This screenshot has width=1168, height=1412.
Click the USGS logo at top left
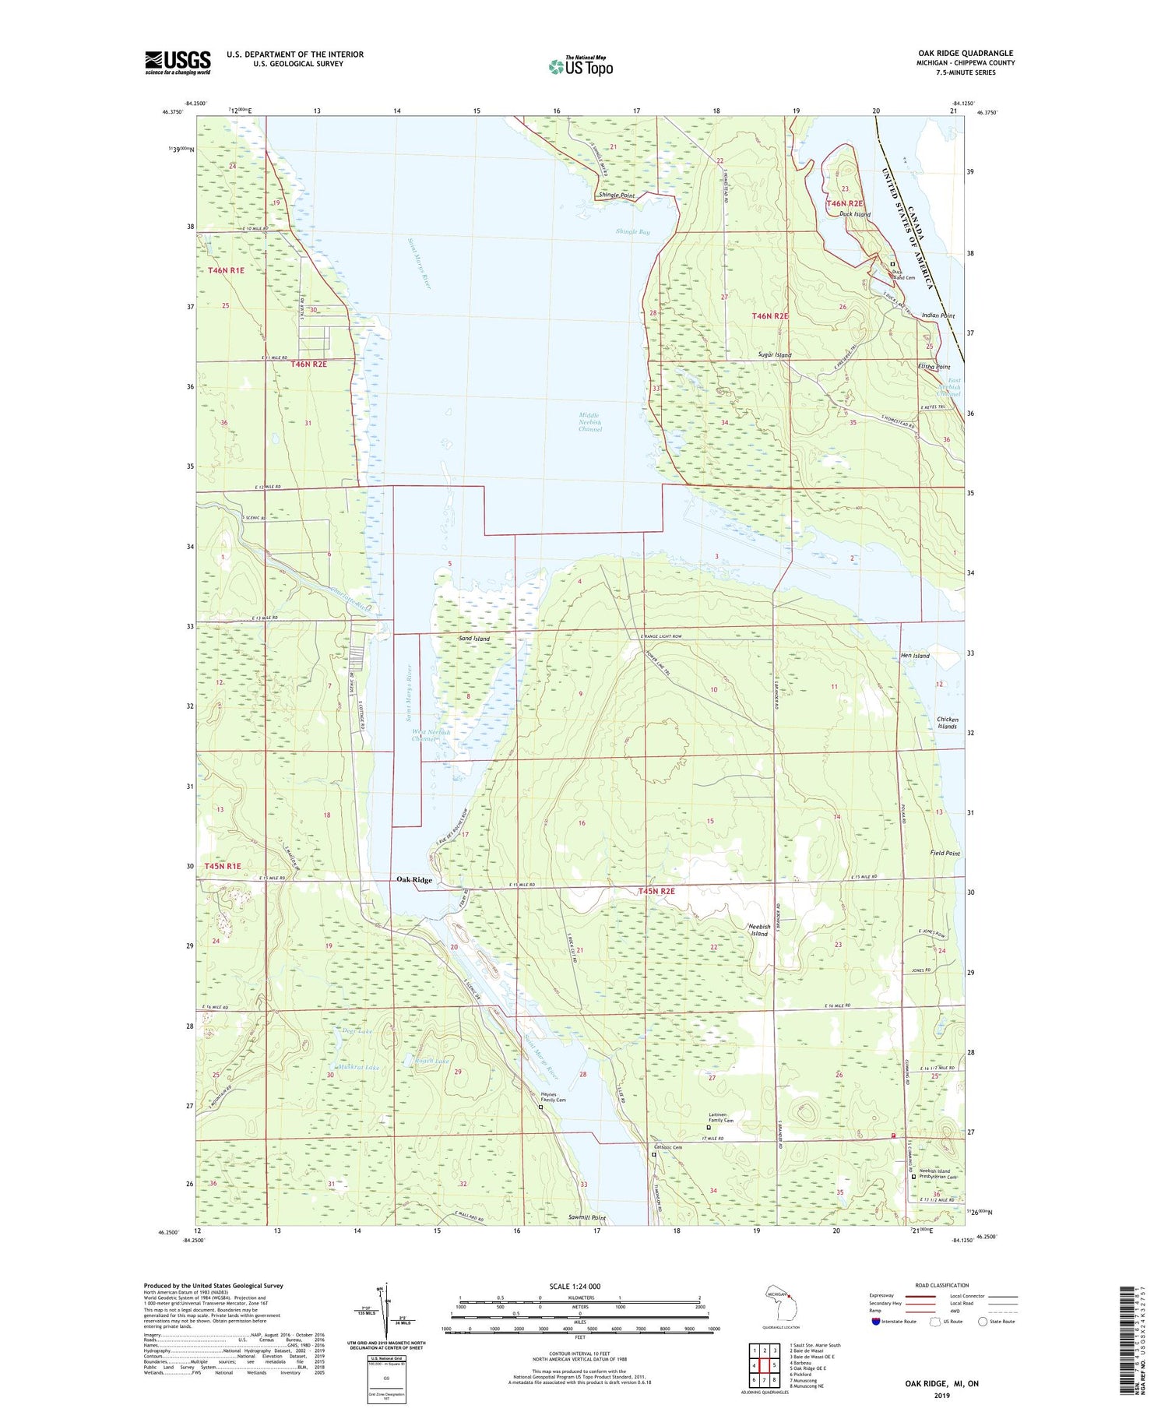[178, 62]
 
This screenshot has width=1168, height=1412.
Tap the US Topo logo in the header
[581, 66]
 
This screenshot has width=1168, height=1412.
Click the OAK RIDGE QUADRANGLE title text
[965, 53]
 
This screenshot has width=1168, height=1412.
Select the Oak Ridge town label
[413, 879]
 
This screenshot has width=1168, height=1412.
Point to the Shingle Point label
[617, 195]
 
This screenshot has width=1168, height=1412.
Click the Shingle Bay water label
[632, 231]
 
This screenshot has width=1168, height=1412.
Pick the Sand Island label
[474, 639]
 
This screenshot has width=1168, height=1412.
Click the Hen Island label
[915, 656]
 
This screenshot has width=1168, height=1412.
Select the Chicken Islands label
[947, 723]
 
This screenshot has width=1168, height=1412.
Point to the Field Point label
[945, 853]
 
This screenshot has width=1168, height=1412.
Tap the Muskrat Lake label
[357, 1067]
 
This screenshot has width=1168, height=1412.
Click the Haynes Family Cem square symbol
[541, 1107]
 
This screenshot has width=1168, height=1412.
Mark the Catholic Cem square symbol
[654, 1156]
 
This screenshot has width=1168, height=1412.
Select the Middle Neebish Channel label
[589, 422]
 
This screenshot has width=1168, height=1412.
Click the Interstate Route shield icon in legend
[875, 1321]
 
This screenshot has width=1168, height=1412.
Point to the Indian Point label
[938, 315]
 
